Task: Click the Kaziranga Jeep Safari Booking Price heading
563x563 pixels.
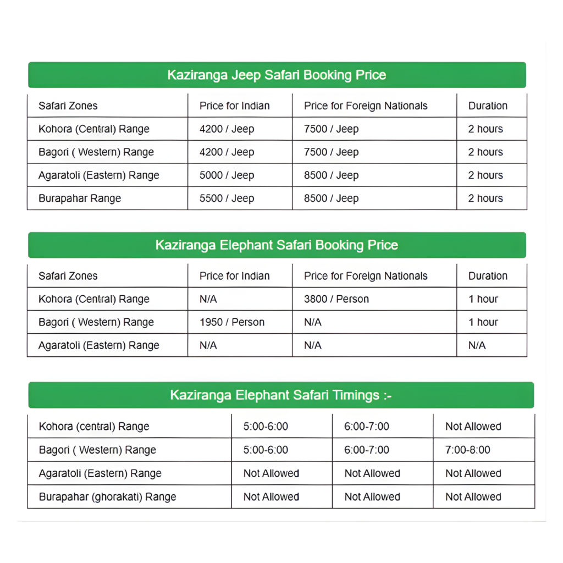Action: tap(277, 75)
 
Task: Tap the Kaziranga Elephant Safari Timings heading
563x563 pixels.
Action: tap(280, 395)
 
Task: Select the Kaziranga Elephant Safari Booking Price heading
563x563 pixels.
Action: tap(277, 245)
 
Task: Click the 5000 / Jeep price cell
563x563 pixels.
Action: tap(227, 175)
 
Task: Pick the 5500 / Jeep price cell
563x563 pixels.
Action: tap(227, 198)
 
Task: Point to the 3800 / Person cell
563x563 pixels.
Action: tap(336, 299)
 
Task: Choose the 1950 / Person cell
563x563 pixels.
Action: tap(232, 322)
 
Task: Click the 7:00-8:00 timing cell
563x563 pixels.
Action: tap(468, 450)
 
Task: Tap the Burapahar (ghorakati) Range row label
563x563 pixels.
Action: tap(108, 496)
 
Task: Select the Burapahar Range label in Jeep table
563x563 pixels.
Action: tap(80, 198)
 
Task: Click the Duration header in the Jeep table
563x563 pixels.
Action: tap(488, 106)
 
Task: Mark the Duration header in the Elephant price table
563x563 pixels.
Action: tap(488, 276)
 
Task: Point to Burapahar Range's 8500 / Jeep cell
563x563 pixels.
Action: tap(331, 198)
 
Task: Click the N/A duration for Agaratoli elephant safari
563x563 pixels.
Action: tap(477, 345)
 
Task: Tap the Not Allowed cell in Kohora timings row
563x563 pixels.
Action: tap(473, 426)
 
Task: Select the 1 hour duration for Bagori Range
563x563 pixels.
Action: tap(483, 322)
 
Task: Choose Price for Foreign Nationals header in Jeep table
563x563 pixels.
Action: tap(366, 106)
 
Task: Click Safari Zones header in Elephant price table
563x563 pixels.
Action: tap(68, 276)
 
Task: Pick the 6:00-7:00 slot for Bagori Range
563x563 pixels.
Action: tap(367, 450)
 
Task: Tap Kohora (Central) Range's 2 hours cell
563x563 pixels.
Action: tap(485, 129)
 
